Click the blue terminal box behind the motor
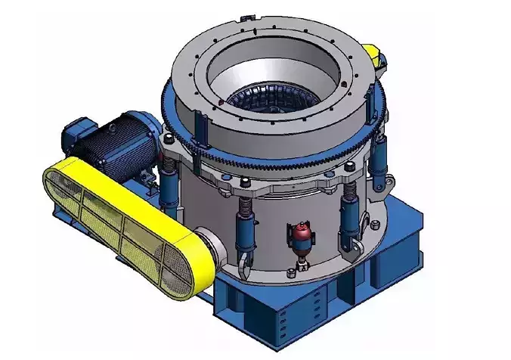75,130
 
